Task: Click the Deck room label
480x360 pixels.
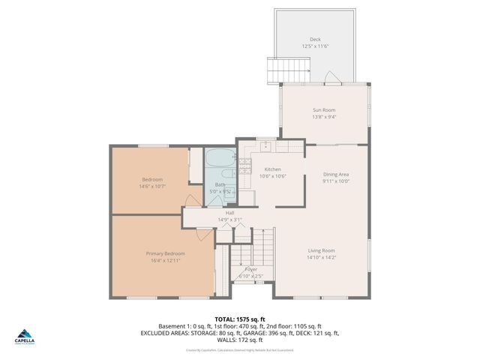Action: pyautogui.click(x=315, y=40)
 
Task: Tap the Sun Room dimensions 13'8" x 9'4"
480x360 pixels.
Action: pyautogui.click(x=324, y=117)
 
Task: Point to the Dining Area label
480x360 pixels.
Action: pyautogui.click(x=336, y=174)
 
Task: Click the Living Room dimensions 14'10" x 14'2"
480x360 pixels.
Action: pyautogui.click(x=321, y=257)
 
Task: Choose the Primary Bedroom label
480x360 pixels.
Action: pyautogui.click(x=165, y=253)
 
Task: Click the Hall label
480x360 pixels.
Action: pyautogui.click(x=230, y=213)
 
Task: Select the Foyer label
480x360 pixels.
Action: pyautogui.click(x=250, y=268)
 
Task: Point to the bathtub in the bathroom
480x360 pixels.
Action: pyautogui.click(x=220, y=160)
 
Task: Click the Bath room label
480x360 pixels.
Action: pyautogui.click(x=220, y=184)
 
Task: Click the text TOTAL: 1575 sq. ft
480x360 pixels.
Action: pyautogui.click(x=239, y=319)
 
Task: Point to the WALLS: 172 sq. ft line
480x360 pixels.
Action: pyautogui.click(x=239, y=340)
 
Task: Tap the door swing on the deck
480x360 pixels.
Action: pyautogui.click(x=331, y=76)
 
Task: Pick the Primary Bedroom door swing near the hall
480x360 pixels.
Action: pyautogui.click(x=203, y=234)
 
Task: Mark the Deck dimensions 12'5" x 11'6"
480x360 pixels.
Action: pyautogui.click(x=315, y=46)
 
